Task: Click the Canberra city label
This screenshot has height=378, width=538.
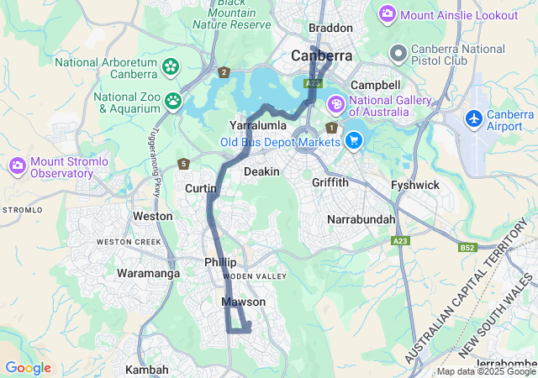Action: click(321, 56)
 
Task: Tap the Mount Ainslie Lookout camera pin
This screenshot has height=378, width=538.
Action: click(388, 14)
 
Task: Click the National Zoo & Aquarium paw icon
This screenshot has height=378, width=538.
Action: click(173, 101)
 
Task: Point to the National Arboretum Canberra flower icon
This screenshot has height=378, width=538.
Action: click(171, 66)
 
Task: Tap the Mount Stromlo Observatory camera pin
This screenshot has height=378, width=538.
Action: click(18, 165)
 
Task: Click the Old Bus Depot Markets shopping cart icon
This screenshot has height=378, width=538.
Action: click(354, 140)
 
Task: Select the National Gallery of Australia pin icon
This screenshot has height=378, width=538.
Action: click(335, 104)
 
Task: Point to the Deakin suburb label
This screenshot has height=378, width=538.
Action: click(261, 171)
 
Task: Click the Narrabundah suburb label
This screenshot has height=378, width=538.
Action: click(361, 220)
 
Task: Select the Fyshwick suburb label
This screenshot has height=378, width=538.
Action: click(414, 185)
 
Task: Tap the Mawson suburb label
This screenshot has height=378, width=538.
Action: click(243, 302)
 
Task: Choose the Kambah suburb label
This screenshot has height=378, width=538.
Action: click(147, 370)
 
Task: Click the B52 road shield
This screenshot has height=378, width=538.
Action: click(467, 248)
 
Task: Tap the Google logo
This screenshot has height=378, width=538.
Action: click(28, 368)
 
